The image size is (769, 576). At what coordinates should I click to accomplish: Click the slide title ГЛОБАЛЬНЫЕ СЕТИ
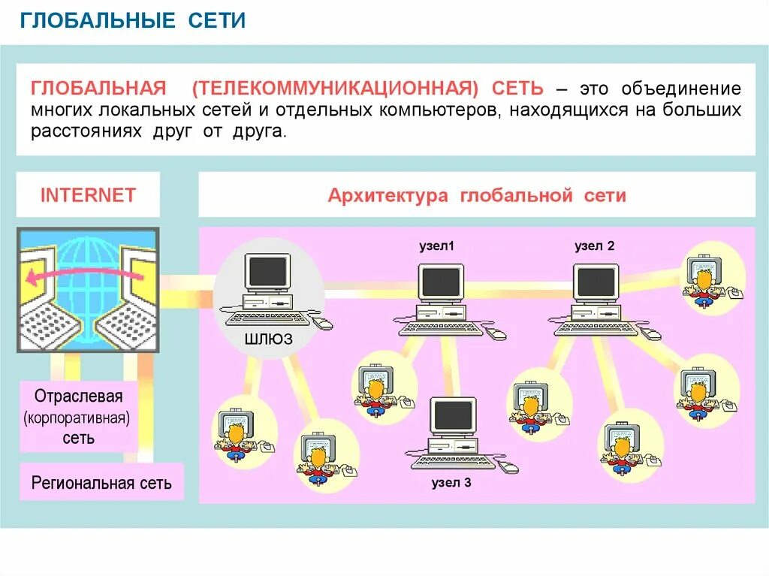133,21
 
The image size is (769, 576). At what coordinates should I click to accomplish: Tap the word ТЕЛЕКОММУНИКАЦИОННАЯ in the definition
334,89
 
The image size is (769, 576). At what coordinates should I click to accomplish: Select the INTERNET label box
88,195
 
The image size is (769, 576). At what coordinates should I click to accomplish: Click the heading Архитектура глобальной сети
477,196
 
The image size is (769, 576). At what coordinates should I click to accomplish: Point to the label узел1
437,246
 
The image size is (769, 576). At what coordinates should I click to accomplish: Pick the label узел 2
595,246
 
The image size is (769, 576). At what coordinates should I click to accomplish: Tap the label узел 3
451,483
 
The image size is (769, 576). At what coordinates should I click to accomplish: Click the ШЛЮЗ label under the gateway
268,339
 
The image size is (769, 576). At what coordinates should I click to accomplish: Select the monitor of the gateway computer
267,272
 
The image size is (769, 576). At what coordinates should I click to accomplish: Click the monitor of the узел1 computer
441,282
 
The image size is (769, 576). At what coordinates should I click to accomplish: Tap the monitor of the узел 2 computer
596,282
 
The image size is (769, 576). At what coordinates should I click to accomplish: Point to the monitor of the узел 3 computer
453,415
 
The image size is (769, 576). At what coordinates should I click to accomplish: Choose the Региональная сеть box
101,482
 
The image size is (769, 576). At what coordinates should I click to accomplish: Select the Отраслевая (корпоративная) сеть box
79,417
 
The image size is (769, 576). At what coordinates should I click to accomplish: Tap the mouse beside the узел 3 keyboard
511,467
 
